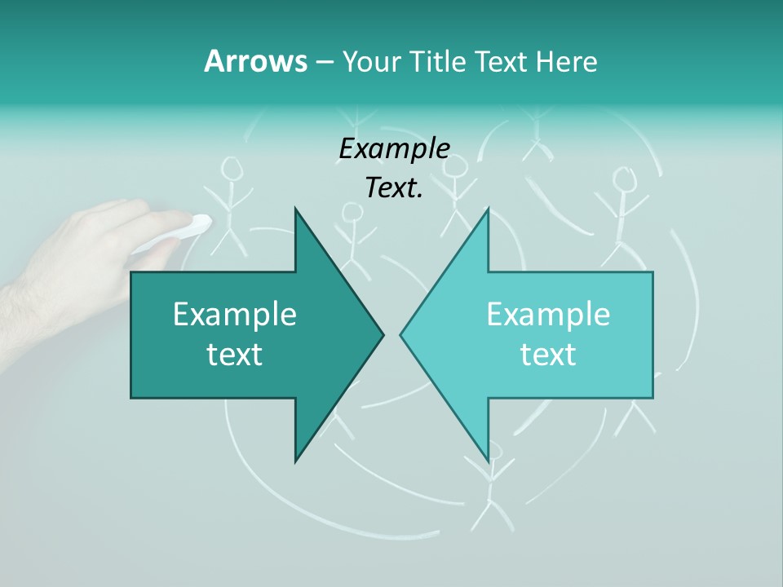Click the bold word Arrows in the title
click(x=255, y=61)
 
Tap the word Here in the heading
click(x=566, y=61)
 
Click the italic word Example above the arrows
click(x=394, y=149)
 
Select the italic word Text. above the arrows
click(x=394, y=188)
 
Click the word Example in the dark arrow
click(x=235, y=314)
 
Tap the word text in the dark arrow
click(x=235, y=355)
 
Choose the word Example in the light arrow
click(x=548, y=314)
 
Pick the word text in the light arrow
click(x=548, y=355)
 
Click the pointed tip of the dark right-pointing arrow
click(x=381, y=334)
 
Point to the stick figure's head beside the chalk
click(x=232, y=169)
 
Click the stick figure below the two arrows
click(x=491, y=489)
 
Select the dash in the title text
click(x=324, y=62)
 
